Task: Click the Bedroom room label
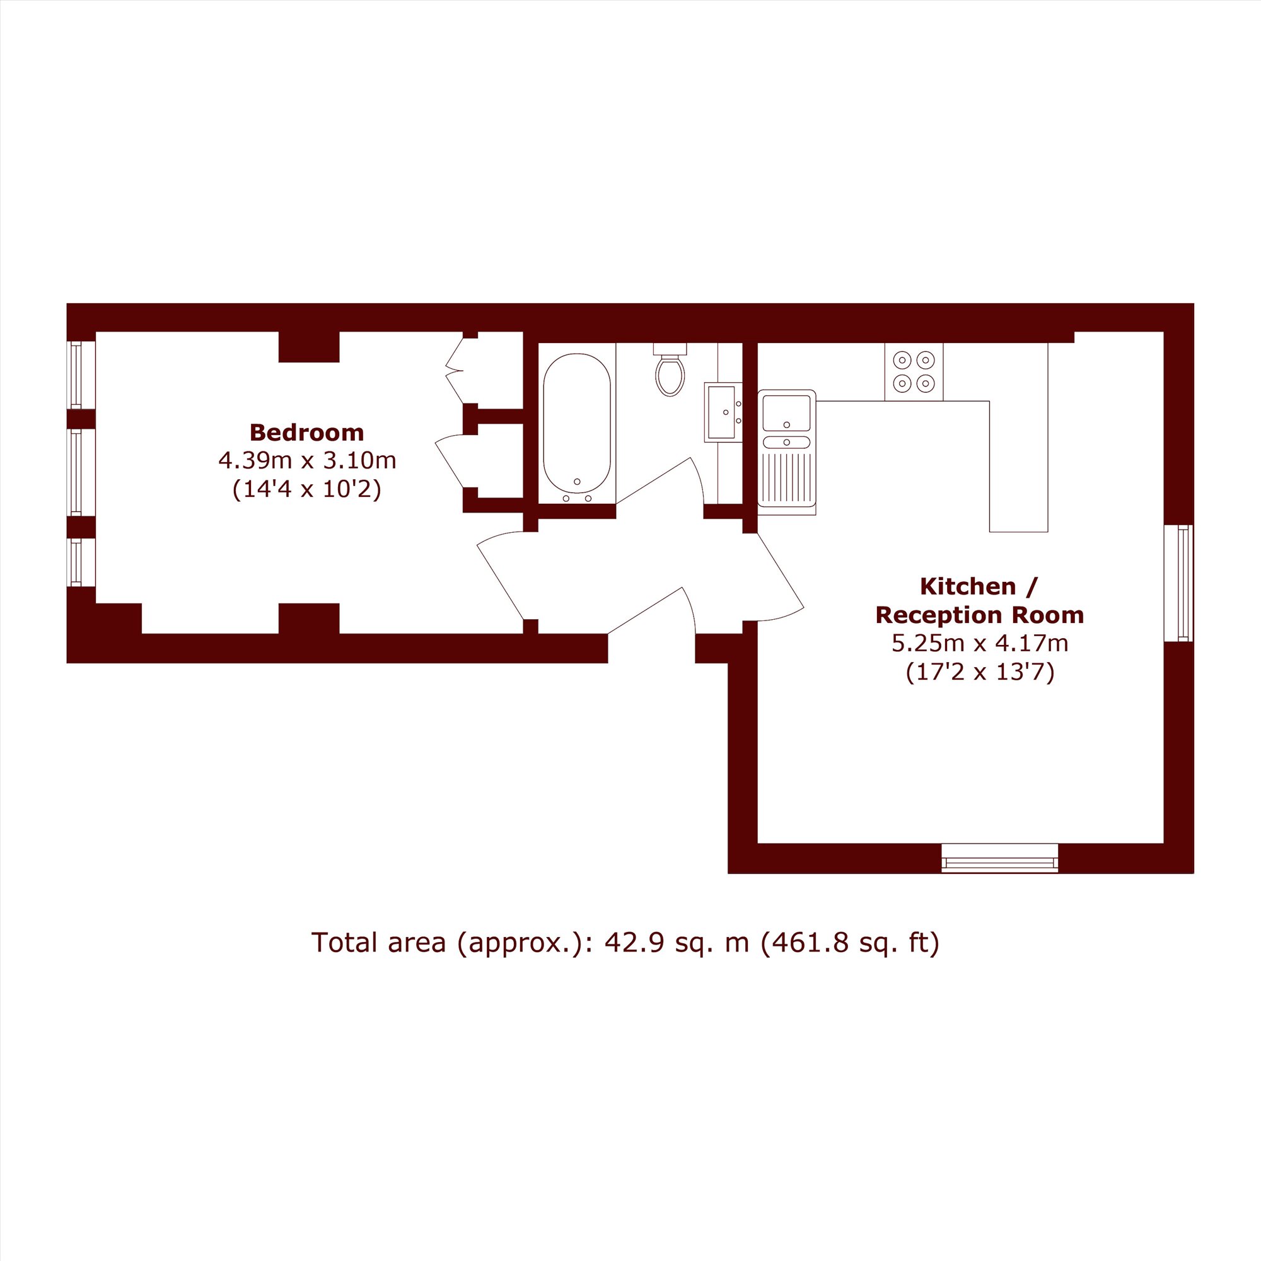[x=306, y=433]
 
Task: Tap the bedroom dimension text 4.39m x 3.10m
[x=308, y=461]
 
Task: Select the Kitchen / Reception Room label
[x=979, y=600]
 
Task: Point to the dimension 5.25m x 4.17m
[x=980, y=644]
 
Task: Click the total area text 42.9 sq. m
[x=677, y=943]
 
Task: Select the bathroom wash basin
[x=723, y=412]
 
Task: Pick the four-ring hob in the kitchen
[x=914, y=372]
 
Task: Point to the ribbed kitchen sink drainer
[x=786, y=476]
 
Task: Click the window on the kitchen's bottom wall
[x=999, y=857]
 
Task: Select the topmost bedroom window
[x=81, y=375]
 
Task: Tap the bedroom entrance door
[x=501, y=575]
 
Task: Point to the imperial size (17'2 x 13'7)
[x=980, y=672]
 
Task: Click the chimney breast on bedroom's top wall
[x=309, y=347]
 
